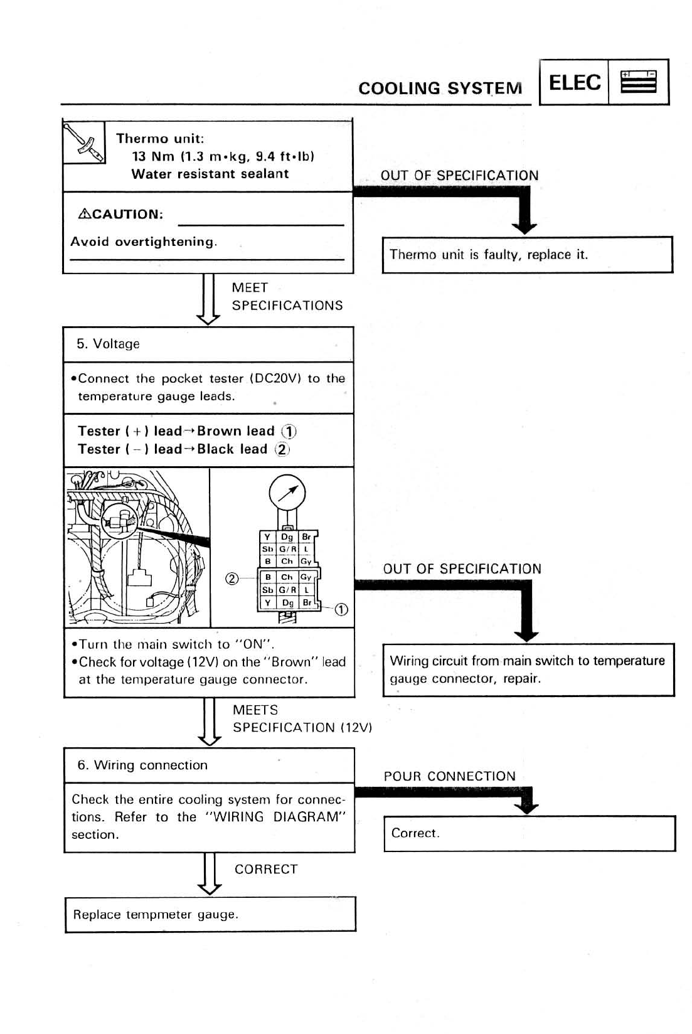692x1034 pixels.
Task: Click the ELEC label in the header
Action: (574, 82)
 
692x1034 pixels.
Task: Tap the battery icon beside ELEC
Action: (638, 82)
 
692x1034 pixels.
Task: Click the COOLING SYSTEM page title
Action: (440, 88)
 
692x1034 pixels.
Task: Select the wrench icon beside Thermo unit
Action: (84, 142)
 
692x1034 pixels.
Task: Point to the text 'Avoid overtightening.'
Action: (144, 242)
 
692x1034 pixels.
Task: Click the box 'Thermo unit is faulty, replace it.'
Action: (527, 255)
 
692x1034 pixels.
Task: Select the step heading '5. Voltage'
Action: (108, 344)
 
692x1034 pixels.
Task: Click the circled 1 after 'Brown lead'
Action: (289, 432)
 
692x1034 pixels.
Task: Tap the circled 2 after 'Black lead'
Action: (282, 450)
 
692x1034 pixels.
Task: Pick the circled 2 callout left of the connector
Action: (232, 578)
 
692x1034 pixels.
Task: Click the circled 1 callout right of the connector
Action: (341, 610)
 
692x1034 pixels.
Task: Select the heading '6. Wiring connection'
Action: (142, 765)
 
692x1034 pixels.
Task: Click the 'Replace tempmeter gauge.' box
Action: (210, 914)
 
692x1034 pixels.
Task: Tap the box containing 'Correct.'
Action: (529, 833)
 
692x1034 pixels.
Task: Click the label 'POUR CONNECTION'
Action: (449, 776)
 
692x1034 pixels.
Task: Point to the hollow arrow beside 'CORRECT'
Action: (210, 874)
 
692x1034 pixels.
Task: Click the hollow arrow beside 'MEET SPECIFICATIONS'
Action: (208, 299)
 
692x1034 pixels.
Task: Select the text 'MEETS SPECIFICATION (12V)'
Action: (302, 719)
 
